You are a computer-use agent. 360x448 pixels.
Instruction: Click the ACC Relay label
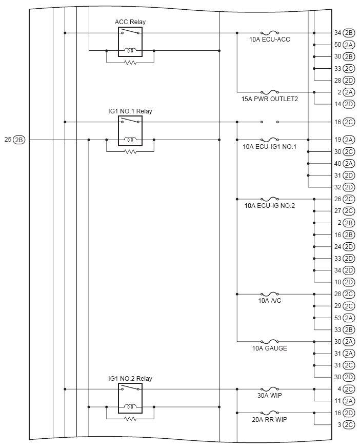130,22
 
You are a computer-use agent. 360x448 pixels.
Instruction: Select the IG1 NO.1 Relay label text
130,111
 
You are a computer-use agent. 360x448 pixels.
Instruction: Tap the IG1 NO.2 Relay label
130,379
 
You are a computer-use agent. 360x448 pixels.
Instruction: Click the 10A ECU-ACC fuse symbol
270,32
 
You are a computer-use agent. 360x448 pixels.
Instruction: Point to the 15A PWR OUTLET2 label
270,99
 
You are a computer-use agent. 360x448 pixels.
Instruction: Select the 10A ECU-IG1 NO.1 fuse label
270,146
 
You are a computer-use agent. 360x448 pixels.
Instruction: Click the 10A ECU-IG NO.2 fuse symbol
270,199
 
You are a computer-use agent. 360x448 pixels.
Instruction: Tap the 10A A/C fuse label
270,301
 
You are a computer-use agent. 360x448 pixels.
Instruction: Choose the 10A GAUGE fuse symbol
270,341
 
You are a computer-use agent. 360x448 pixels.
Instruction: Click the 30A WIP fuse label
270,396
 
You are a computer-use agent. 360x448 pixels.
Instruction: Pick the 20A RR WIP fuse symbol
270,413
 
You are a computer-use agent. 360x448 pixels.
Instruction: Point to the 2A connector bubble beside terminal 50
349,45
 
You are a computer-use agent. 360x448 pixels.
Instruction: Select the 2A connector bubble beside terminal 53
349,318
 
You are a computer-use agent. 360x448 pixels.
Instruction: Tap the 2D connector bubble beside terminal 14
349,104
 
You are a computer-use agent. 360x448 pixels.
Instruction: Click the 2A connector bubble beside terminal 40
349,164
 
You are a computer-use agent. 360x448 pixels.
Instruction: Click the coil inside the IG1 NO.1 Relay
130,140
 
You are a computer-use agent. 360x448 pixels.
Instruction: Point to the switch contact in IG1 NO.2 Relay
130,389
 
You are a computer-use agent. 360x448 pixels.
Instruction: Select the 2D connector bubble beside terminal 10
349,282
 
